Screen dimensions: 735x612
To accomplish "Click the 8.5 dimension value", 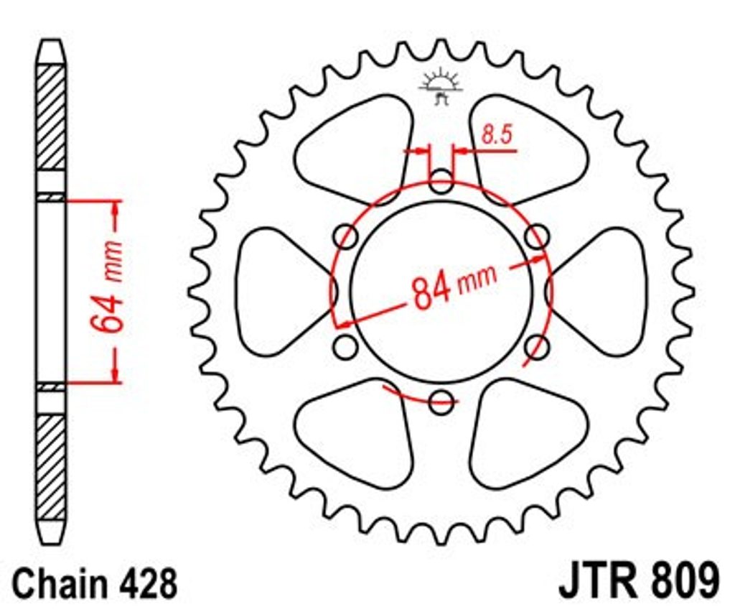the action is point(497,134).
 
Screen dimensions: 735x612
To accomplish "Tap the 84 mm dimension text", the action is point(454,287).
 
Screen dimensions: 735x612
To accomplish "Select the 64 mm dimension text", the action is point(107,287).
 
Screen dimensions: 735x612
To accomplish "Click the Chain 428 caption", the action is point(94,584).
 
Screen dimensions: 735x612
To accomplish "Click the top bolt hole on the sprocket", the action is point(441,182).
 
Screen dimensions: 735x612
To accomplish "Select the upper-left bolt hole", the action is point(346,236).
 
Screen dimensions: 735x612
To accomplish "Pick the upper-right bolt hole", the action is point(537,236).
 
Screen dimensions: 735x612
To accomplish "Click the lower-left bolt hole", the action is point(346,347).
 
